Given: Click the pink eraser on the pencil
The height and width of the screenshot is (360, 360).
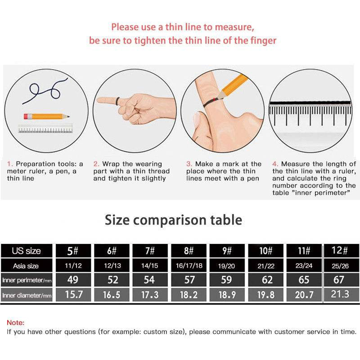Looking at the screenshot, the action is [26, 117].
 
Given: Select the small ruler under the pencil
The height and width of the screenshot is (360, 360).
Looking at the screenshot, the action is [45, 129].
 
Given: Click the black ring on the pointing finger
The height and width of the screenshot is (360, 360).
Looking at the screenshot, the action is [118, 102].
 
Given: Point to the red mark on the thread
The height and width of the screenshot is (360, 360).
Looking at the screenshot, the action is [215, 99].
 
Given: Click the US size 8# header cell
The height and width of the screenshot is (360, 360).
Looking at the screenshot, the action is [189, 251].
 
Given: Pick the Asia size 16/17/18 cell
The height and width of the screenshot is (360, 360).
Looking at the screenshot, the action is [189, 265].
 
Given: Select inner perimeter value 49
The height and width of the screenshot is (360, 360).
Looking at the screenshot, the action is [73, 279].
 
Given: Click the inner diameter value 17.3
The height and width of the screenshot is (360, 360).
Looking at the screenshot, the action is [150, 295].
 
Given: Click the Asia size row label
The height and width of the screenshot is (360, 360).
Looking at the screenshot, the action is [26, 266].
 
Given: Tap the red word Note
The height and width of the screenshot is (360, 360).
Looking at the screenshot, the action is [15, 323].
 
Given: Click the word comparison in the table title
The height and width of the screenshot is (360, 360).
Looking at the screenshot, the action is [170, 220].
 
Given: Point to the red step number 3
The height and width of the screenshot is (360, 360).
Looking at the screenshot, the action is [189, 164].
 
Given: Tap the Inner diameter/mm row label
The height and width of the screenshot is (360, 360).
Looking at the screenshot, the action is [27, 295].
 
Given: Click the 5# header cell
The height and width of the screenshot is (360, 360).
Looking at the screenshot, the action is [73, 251].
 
